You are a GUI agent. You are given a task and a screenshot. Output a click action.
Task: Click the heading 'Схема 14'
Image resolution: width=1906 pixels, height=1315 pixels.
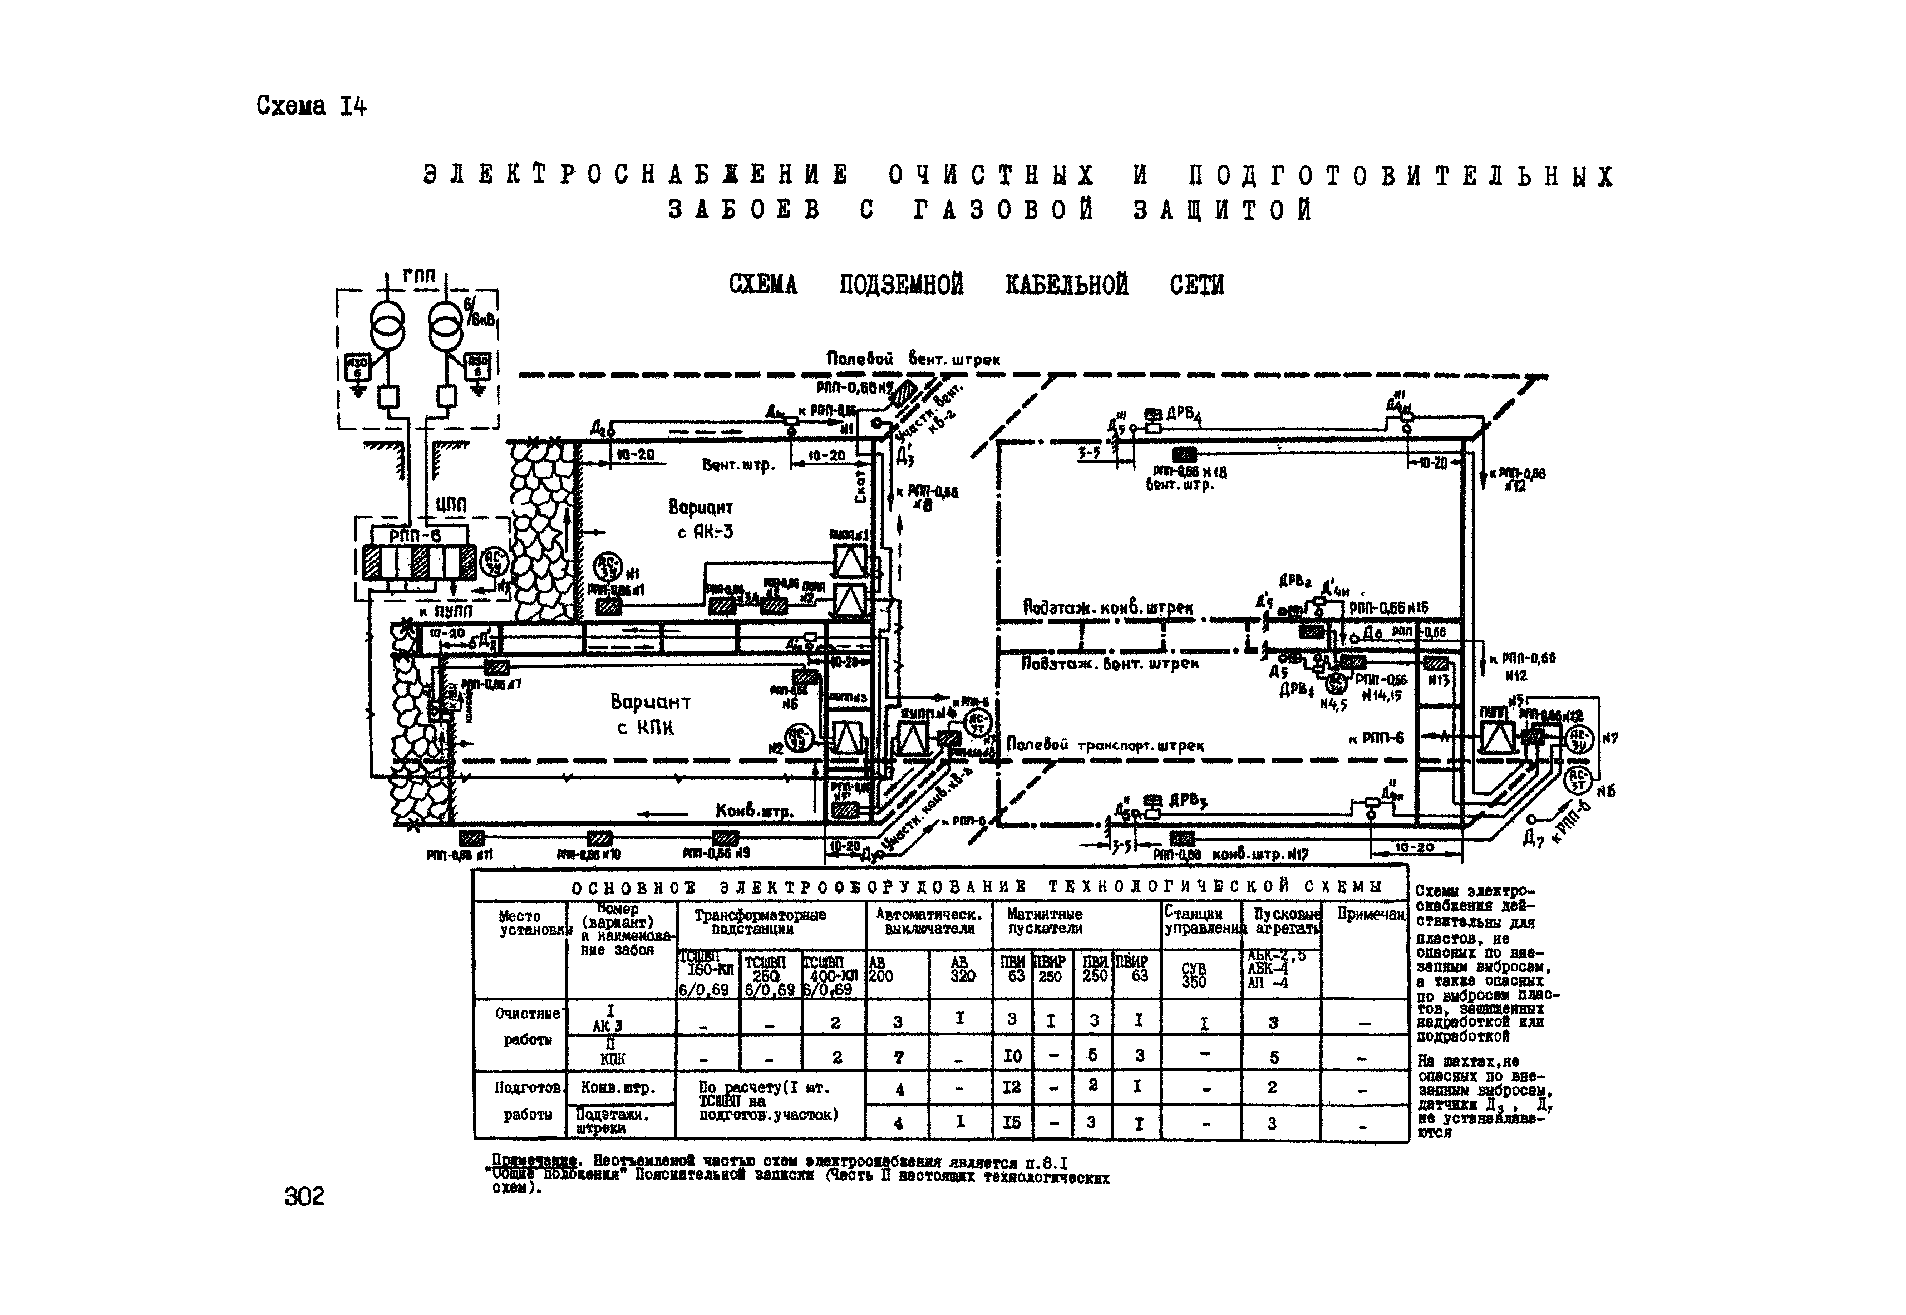(311, 106)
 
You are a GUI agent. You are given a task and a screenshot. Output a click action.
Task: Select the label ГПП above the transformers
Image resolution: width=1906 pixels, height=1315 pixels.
(418, 277)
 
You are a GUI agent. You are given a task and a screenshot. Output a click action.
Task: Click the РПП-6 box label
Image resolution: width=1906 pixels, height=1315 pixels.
(415, 536)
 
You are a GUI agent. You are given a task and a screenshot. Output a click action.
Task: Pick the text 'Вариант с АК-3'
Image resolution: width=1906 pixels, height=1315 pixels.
(701, 519)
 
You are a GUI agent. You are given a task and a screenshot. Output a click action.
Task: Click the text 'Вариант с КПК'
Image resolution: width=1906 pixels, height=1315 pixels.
(650, 714)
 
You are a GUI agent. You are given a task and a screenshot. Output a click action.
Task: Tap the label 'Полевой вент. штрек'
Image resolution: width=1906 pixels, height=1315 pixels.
(913, 359)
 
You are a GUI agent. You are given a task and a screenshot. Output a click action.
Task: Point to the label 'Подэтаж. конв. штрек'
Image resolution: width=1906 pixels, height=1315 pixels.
(1107, 608)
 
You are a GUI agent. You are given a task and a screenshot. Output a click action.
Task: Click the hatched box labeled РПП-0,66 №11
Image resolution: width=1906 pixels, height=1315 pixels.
(472, 838)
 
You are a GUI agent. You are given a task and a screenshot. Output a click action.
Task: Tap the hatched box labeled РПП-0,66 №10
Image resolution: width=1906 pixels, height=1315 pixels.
(599, 838)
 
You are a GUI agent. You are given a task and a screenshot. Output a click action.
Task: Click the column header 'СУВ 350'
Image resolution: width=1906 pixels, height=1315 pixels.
(1194, 975)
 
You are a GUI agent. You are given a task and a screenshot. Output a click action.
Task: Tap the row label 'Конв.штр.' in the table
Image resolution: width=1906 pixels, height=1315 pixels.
(618, 1088)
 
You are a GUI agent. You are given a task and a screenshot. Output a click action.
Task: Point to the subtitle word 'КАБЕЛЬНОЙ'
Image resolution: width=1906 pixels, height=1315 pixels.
(1067, 285)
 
